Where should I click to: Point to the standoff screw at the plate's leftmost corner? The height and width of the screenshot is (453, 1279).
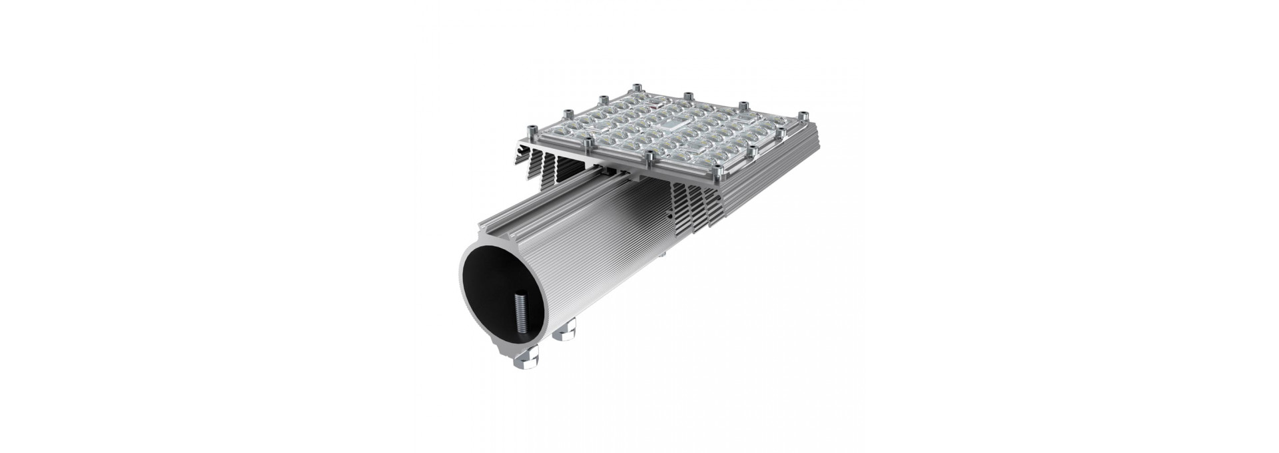pyautogui.click(x=531, y=131)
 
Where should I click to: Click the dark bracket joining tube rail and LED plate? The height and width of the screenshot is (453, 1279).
pyautogui.click(x=633, y=175)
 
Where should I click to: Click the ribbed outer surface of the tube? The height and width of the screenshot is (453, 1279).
pyautogui.click(x=600, y=266)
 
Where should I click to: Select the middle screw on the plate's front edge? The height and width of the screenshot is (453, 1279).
pyautogui.click(x=649, y=159)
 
